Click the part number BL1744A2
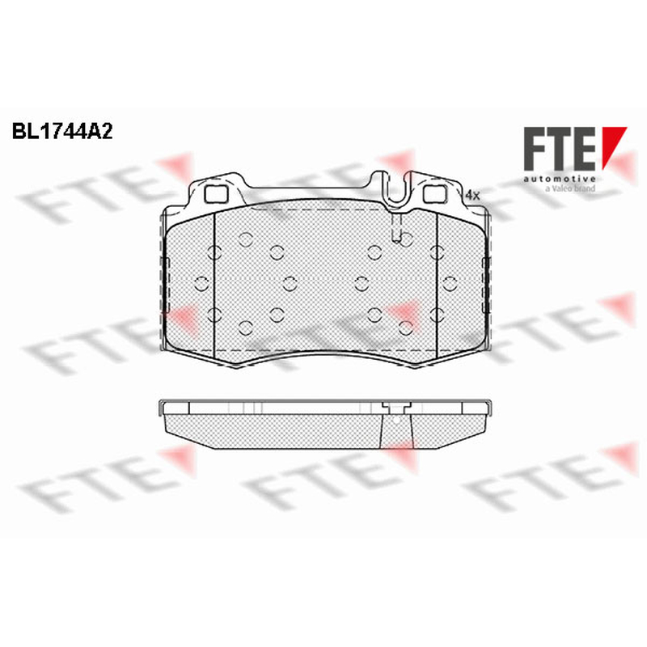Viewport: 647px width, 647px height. (x=62, y=132)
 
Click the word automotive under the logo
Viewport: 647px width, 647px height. (x=560, y=179)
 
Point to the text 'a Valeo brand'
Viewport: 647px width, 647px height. (x=570, y=188)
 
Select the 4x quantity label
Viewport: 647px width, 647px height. (x=472, y=195)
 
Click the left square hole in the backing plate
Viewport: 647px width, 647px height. (x=216, y=194)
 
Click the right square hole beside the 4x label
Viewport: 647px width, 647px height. (x=436, y=194)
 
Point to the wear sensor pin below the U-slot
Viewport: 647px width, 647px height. (x=396, y=227)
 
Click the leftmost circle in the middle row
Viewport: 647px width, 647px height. (x=201, y=284)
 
